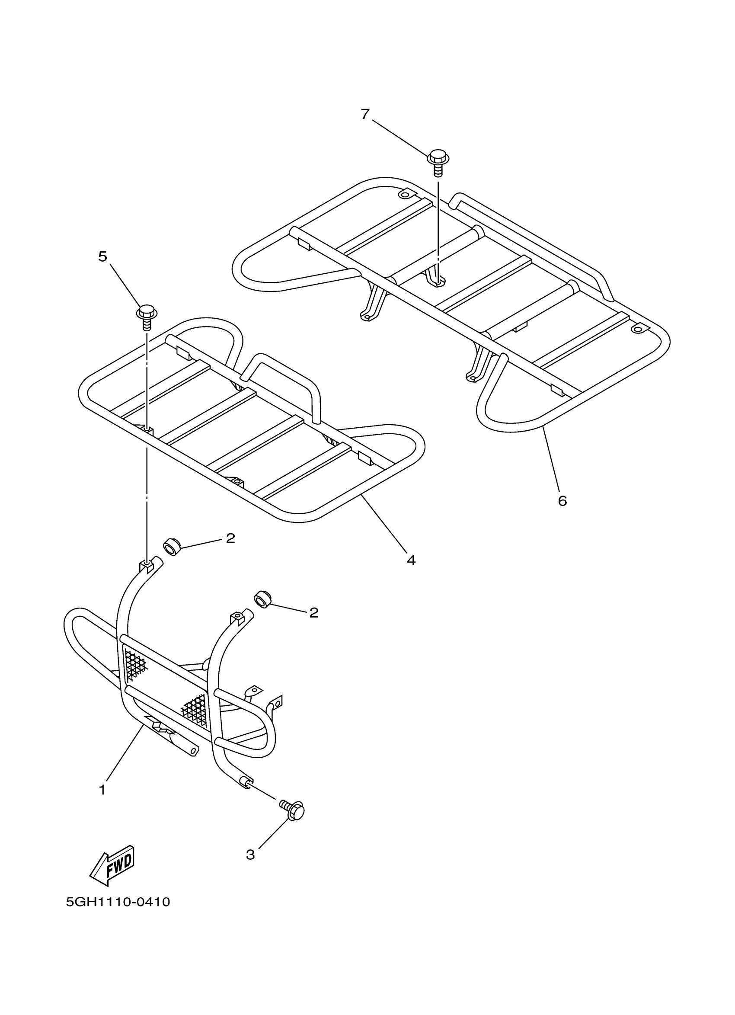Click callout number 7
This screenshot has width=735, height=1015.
(365, 115)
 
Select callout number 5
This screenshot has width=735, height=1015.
(103, 256)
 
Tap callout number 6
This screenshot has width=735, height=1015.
(562, 500)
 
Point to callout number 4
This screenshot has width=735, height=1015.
(411, 560)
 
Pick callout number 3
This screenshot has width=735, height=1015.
(250, 855)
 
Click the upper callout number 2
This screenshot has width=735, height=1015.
(230, 538)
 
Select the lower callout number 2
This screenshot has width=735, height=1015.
(314, 612)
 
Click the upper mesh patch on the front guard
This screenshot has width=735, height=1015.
(135, 663)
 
